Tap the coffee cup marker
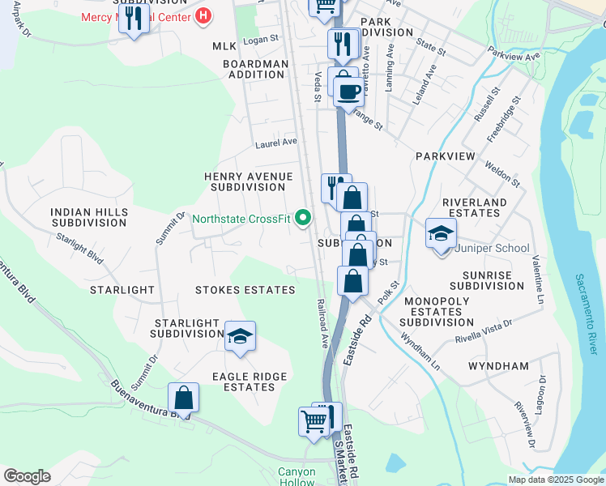(349, 92)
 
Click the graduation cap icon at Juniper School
(441, 234)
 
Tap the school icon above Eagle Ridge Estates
(240, 336)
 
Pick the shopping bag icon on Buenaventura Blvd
(184, 399)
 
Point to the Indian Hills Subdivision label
(88, 217)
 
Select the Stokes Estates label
(245, 289)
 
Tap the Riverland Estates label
(475, 207)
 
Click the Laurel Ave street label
(276, 143)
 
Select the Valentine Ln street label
(537, 280)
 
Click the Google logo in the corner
(27, 475)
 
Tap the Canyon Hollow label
(296, 477)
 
